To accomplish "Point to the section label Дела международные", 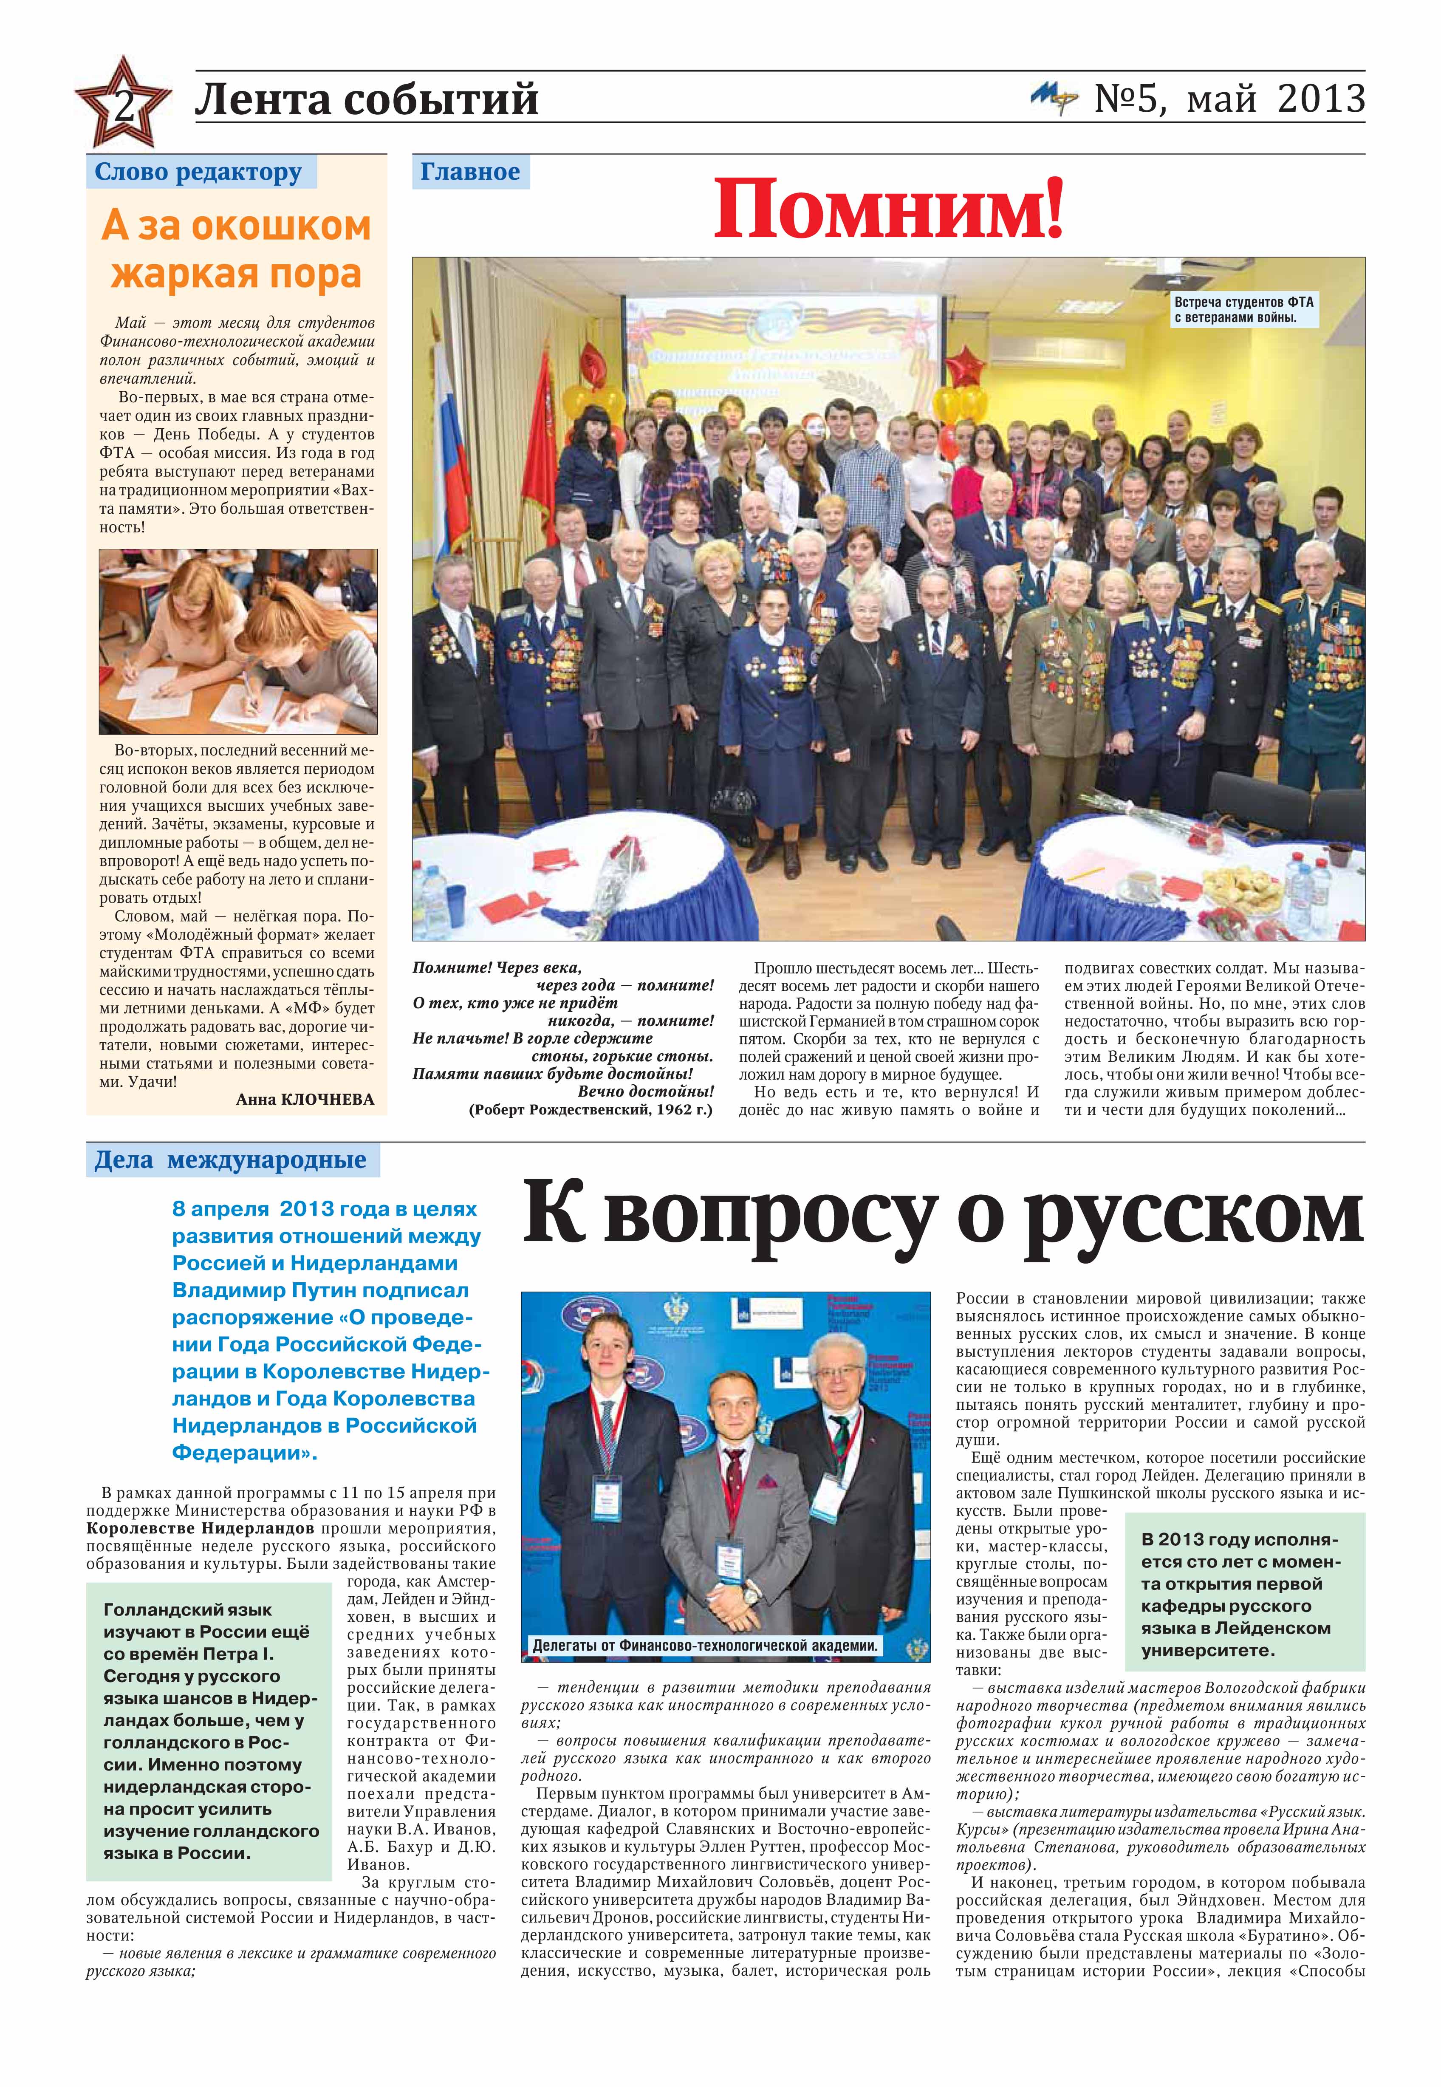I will point(231,1159).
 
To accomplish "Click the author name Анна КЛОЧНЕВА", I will point(304,1099).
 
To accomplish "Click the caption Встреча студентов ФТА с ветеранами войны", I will point(1243,310).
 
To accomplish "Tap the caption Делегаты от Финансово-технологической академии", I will point(704,1646).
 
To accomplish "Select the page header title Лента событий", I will point(367,99).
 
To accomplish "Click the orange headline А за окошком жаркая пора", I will point(237,250).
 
